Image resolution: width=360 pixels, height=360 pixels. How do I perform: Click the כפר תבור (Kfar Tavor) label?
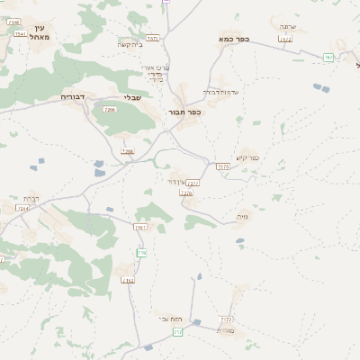coord(184,112)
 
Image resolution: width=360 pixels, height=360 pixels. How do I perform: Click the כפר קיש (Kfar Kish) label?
coord(248,158)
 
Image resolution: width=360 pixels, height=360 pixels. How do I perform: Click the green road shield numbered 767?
coord(328,58)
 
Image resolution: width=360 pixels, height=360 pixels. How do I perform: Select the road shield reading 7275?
coord(222,166)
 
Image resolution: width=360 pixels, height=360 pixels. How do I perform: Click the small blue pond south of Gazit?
coord(239,240)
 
